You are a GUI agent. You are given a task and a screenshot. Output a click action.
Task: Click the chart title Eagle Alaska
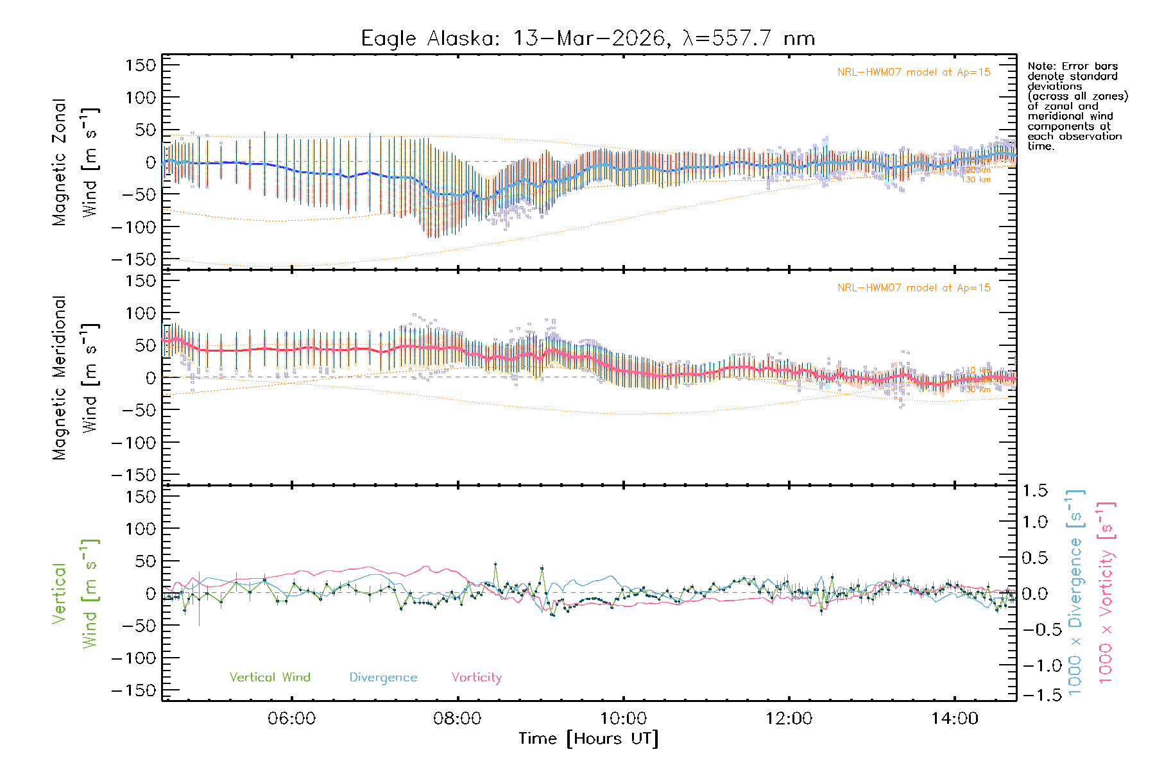[588, 38]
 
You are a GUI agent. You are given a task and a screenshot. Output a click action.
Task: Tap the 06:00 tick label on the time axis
[292, 719]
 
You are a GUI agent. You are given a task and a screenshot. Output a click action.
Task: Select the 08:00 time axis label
[458, 719]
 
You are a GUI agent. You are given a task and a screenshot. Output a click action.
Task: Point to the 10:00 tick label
[623, 719]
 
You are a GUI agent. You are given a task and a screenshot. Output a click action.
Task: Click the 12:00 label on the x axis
[789, 719]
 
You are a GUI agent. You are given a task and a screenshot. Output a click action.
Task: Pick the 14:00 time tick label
[955, 719]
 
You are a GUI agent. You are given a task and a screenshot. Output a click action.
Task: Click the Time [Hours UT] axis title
[588, 739]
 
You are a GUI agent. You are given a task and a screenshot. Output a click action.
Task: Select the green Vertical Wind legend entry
[269, 678]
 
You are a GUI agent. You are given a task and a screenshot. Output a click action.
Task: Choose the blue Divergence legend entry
[383, 678]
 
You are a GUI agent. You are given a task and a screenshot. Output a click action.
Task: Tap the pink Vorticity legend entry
[476, 678]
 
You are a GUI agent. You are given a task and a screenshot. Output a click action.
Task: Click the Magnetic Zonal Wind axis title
[75, 162]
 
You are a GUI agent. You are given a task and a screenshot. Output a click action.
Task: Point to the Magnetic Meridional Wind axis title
[75, 377]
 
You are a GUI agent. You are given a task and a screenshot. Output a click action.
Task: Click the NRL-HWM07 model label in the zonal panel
[914, 73]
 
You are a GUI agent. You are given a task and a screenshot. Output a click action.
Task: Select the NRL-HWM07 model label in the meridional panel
[914, 288]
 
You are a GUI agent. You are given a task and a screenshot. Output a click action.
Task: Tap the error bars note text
[1077, 106]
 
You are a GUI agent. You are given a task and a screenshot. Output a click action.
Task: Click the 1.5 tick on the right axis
[1034, 491]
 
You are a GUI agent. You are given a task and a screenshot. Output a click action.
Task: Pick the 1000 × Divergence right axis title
[1075, 593]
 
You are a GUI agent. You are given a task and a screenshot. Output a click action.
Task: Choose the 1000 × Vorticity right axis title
[1106, 593]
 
